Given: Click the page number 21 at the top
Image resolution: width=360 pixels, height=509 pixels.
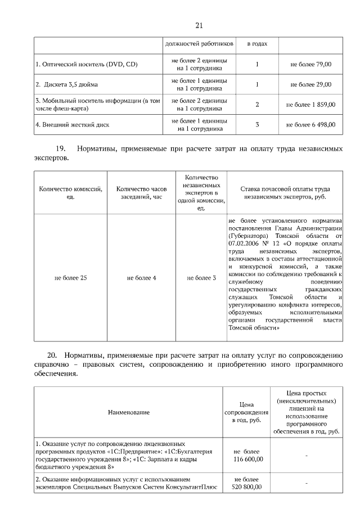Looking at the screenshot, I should [199, 25].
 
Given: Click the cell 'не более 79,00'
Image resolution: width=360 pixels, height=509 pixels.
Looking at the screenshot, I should [310, 65].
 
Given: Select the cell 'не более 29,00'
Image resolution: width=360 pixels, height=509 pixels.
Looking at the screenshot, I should [310, 84].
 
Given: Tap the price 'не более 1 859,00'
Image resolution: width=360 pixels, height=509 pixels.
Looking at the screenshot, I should [310, 105].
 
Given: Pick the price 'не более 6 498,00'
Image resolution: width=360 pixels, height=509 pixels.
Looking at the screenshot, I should [310, 124].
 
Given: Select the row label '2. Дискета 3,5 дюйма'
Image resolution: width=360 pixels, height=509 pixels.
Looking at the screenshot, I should [67, 84].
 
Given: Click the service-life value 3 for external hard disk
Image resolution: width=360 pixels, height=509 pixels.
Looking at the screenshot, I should [257, 124].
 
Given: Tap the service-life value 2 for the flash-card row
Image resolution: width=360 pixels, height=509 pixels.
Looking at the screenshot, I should [257, 105].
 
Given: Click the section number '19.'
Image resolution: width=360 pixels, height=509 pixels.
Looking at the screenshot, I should [61, 149].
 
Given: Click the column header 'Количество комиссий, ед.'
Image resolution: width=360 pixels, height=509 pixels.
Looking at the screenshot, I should [71, 193].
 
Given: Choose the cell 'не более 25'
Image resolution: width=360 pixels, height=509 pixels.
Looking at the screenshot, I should [71, 278].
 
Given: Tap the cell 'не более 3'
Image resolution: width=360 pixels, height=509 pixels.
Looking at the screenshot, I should [201, 278].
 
